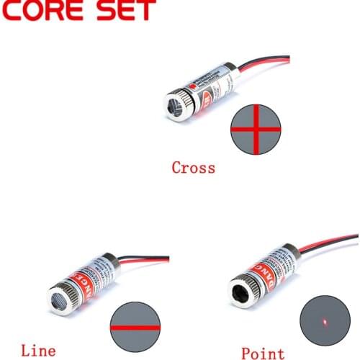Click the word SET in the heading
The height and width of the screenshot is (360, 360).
click(126, 10)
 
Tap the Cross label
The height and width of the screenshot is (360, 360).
click(193, 168)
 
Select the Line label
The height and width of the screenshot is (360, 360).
click(38, 351)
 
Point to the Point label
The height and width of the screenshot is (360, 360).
click(263, 353)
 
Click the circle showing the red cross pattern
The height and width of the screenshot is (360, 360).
click(254, 129)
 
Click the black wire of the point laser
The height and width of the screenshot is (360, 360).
click(331, 249)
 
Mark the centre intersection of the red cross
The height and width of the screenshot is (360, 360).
click(254, 129)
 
